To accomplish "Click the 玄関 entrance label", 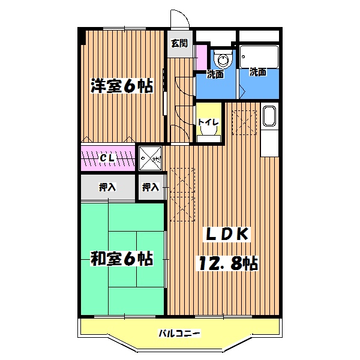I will (x=178, y=43).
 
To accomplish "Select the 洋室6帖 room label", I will (x=122, y=86).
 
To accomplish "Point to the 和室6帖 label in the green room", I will (x=122, y=259).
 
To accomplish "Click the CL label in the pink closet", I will (x=108, y=158).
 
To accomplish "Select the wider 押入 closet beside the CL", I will (x=108, y=187).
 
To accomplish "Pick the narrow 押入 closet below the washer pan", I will (x=151, y=187).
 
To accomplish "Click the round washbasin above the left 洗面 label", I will (x=223, y=59).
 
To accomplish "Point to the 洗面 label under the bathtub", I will (x=259, y=73).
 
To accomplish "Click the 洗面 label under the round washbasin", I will (x=215, y=74).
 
